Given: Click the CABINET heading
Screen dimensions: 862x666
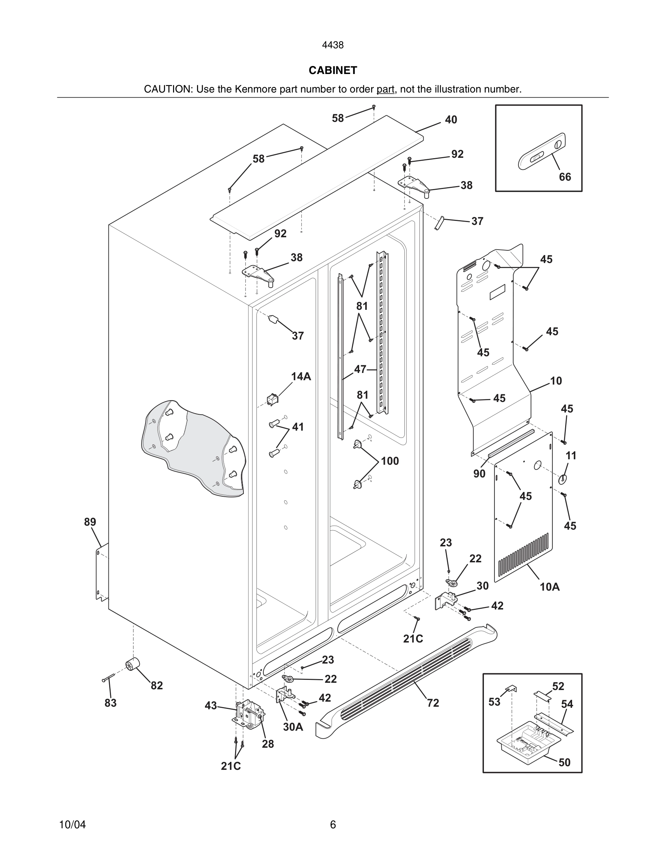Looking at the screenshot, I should (x=333, y=70).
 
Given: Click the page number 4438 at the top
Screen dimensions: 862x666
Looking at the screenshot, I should (x=333, y=45).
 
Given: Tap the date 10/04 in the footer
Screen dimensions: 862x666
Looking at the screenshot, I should (x=72, y=825).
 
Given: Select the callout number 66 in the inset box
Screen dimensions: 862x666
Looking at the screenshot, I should (x=564, y=177).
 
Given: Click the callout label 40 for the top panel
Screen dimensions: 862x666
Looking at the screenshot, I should (x=451, y=120).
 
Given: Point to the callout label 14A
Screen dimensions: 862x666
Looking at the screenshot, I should (x=301, y=377).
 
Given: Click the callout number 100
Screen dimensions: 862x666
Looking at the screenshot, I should (x=390, y=461).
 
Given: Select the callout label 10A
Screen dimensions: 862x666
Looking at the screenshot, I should (x=550, y=587).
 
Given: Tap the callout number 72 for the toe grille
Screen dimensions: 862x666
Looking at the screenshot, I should (x=433, y=703).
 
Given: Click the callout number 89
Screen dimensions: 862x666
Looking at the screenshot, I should (x=90, y=522).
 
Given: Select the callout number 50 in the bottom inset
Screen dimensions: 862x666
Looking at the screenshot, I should (x=564, y=763).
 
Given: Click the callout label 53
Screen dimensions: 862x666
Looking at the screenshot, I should (x=494, y=702).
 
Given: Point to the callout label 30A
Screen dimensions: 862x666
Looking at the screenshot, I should (x=293, y=727).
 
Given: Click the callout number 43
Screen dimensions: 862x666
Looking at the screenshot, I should (x=211, y=705).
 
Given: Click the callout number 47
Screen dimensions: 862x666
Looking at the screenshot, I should (x=360, y=369).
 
